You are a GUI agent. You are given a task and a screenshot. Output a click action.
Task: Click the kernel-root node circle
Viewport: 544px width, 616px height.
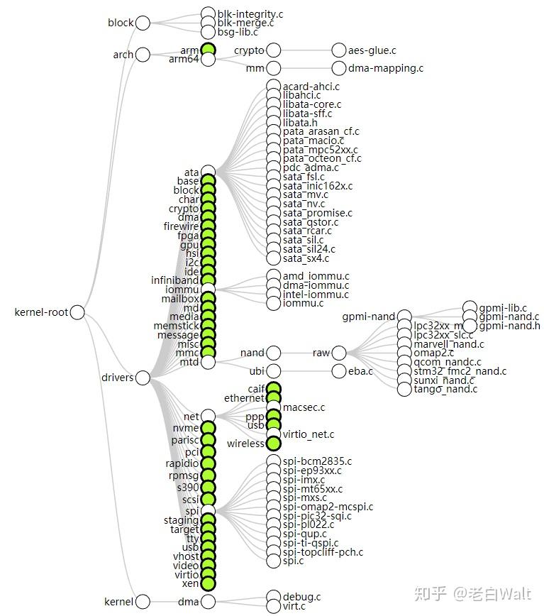click(77, 312)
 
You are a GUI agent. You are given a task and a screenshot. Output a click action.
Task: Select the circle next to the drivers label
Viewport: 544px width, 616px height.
click(143, 378)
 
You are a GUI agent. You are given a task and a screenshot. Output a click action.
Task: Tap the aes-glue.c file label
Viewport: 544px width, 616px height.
click(372, 50)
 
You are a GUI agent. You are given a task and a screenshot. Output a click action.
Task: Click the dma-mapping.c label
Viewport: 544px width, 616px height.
click(386, 69)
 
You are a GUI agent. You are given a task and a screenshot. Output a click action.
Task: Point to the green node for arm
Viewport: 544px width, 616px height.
click(208, 50)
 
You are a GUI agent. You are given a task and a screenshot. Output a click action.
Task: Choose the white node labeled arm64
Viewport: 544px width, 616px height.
click(208, 60)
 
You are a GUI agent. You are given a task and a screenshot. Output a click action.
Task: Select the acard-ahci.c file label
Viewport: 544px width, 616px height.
click(311, 87)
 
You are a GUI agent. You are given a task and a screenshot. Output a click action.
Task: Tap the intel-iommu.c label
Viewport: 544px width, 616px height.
click(316, 295)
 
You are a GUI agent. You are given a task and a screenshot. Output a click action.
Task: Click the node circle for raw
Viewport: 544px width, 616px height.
click(339, 353)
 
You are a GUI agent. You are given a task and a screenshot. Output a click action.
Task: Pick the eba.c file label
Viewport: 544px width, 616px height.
click(360, 371)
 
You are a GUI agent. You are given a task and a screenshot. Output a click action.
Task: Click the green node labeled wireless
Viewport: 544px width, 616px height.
click(274, 444)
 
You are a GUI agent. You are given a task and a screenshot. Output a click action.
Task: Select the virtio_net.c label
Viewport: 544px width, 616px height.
click(308, 434)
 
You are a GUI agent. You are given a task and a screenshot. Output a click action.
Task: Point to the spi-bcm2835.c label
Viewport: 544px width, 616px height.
click(317, 461)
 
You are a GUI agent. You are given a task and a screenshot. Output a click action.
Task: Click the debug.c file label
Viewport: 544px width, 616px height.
click(301, 597)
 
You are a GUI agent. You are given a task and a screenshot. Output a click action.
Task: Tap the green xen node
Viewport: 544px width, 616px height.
click(208, 584)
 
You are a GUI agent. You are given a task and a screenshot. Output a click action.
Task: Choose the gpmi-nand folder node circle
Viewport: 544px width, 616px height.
click(404, 317)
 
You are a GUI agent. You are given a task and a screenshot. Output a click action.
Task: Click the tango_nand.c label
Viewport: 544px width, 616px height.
click(446, 389)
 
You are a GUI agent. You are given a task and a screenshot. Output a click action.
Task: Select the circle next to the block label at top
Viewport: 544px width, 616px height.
click(143, 23)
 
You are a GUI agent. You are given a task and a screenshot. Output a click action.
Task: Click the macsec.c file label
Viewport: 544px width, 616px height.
click(304, 407)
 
